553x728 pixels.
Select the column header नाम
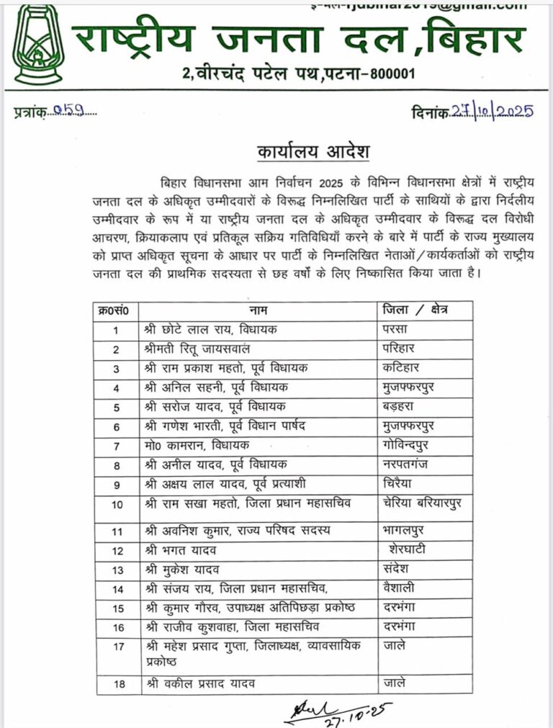pyautogui.click(x=258, y=310)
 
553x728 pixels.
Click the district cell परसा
pyautogui.click(x=397, y=330)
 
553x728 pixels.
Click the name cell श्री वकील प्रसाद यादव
pyautogui.click(x=200, y=684)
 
